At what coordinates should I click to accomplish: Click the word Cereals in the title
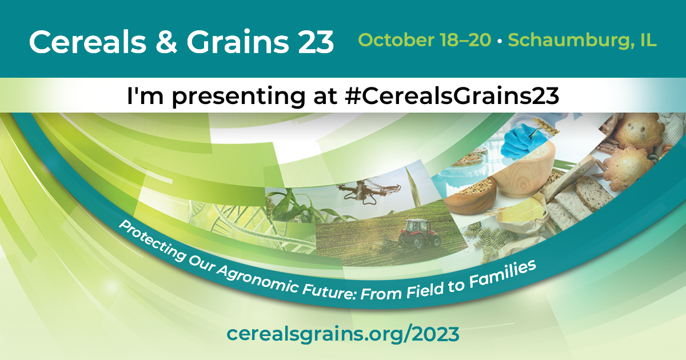coord(87,42)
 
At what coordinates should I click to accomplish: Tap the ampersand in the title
coord(166,42)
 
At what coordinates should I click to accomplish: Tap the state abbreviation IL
coord(648,40)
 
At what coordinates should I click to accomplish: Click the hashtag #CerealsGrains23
coord(452,96)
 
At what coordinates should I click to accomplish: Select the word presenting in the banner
coord(238,97)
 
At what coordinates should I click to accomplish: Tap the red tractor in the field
coord(420,233)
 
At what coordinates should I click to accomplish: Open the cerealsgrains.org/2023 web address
coord(343,334)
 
